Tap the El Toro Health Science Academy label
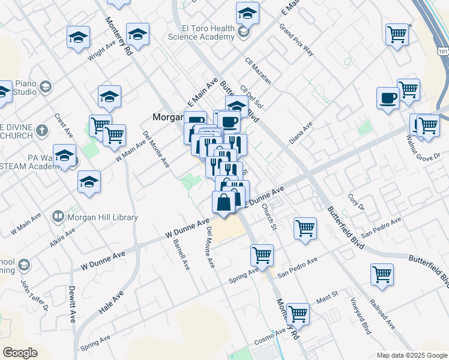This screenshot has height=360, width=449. [x=200, y=32]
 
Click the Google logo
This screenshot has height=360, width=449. [x=20, y=353]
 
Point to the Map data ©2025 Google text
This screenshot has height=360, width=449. [x=411, y=355]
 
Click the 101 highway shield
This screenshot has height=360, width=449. [x=443, y=52]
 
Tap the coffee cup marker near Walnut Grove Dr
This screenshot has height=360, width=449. [x=388, y=97]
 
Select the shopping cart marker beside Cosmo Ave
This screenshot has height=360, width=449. [x=298, y=313]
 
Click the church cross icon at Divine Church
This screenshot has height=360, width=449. [x=41, y=130]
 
